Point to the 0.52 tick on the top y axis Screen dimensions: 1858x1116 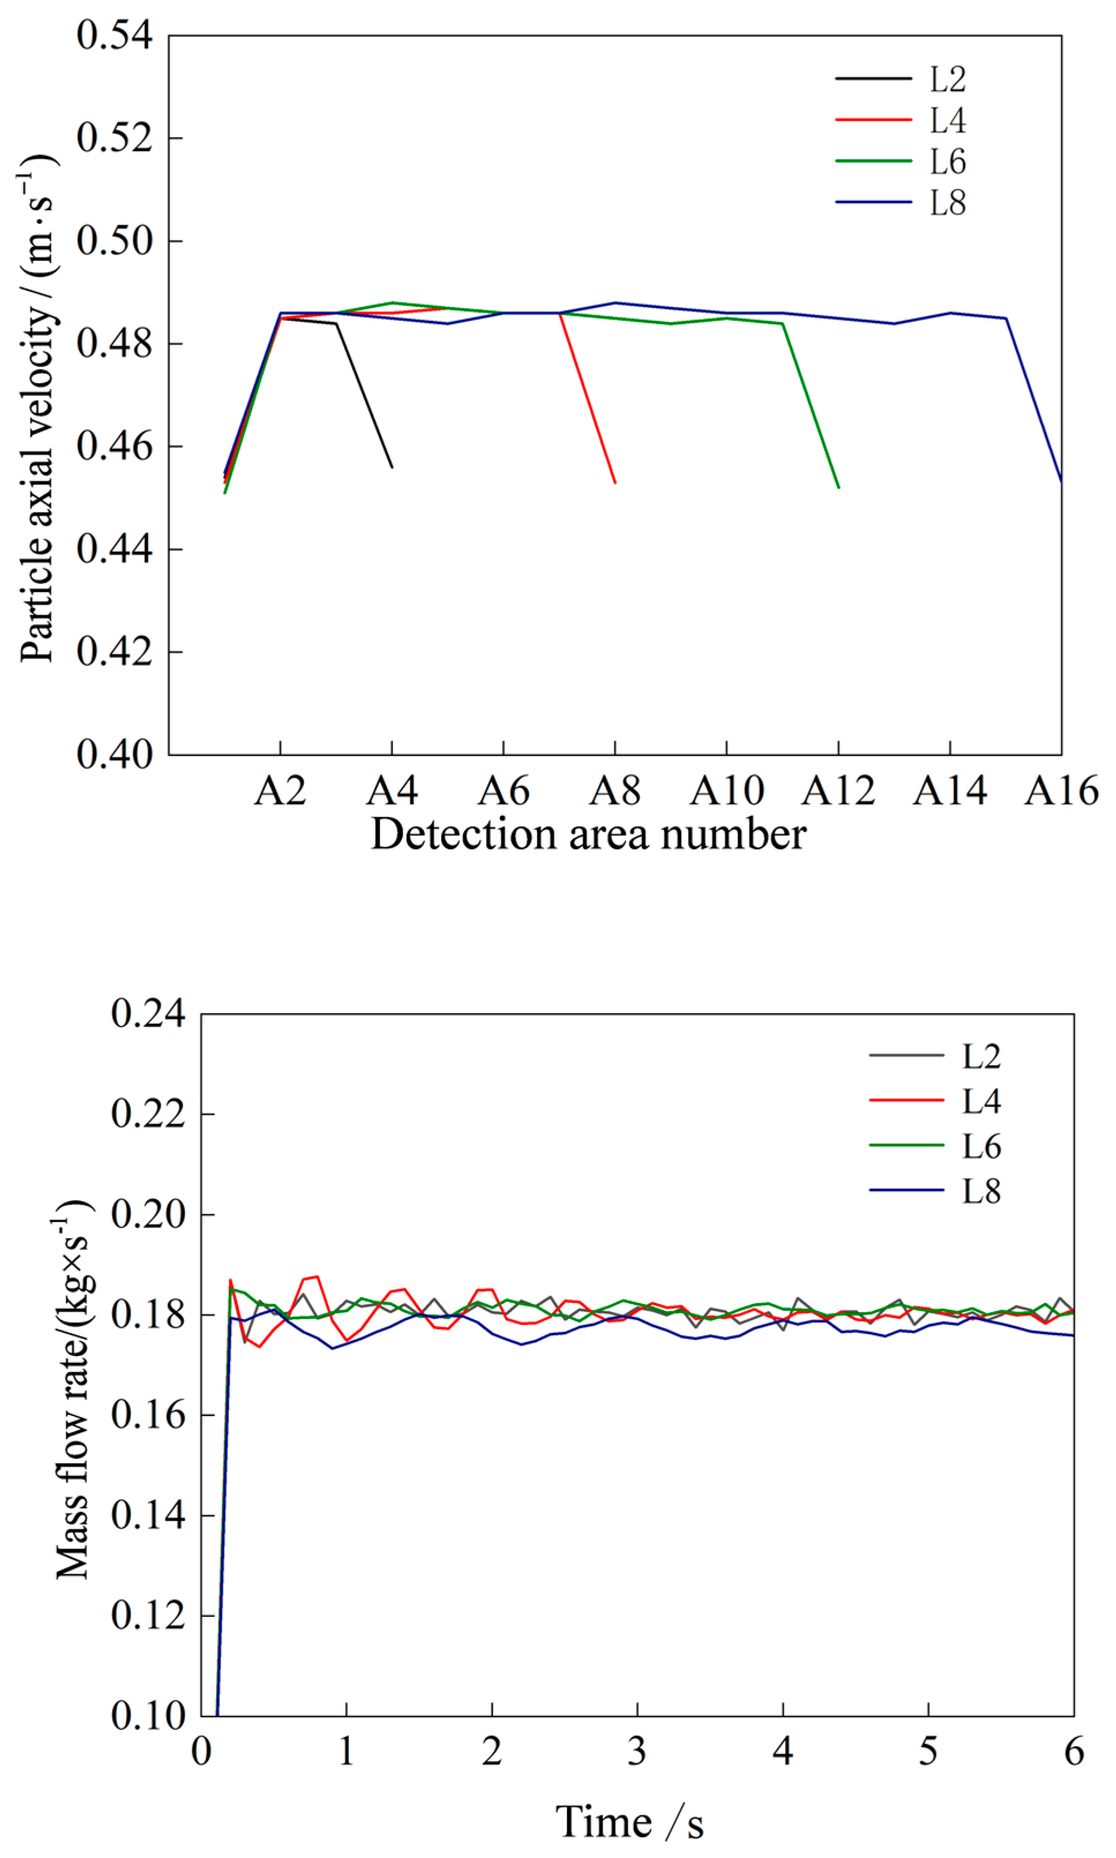pyautogui.click(x=114, y=138)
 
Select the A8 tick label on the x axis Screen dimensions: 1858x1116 pyautogui.click(x=615, y=791)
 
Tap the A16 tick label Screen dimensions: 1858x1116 pyautogui.click(x=1061, y=791)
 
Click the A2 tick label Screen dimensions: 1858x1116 pyautogui.click(x=280, y=791)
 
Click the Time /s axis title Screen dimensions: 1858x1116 pyautogui.click(x=630, y=1821)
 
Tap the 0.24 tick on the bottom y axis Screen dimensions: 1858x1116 pyautogui.click(x=148, y=1014)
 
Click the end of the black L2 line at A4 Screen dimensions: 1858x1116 pyautogui.click(x=392, y=467)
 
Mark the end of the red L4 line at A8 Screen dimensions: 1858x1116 pyautogui.click(x=615, y=482)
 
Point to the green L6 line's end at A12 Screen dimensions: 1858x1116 pyautogui.click(x=839, y=488)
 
